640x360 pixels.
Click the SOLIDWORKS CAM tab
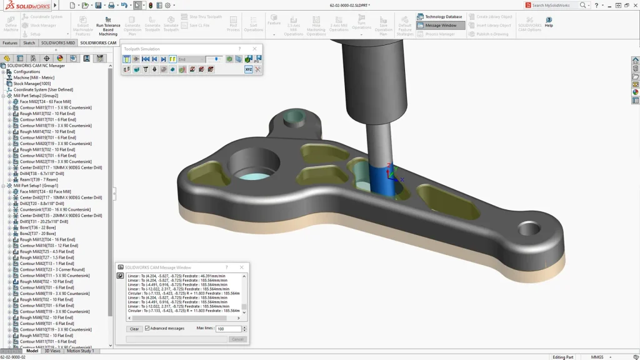pos(98,43)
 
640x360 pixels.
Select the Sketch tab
pos(29,43)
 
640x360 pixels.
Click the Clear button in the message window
pos(134,329)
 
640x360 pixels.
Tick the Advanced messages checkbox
pos(147,328)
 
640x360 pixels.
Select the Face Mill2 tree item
pos(45,102)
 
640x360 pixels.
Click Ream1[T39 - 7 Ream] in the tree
pos(39,180)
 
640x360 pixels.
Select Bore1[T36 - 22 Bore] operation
pos(37,227)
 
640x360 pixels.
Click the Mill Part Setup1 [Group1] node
pos(36,186)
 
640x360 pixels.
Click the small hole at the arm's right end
pos(529,229)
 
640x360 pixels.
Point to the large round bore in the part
pos(253,166)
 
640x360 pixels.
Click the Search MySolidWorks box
pos(555,5)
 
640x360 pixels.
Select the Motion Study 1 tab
pos(80,351)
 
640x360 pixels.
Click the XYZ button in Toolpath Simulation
pos(248,69)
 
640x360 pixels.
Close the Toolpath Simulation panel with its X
pos(254,49)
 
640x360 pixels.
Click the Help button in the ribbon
pos(549,22)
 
